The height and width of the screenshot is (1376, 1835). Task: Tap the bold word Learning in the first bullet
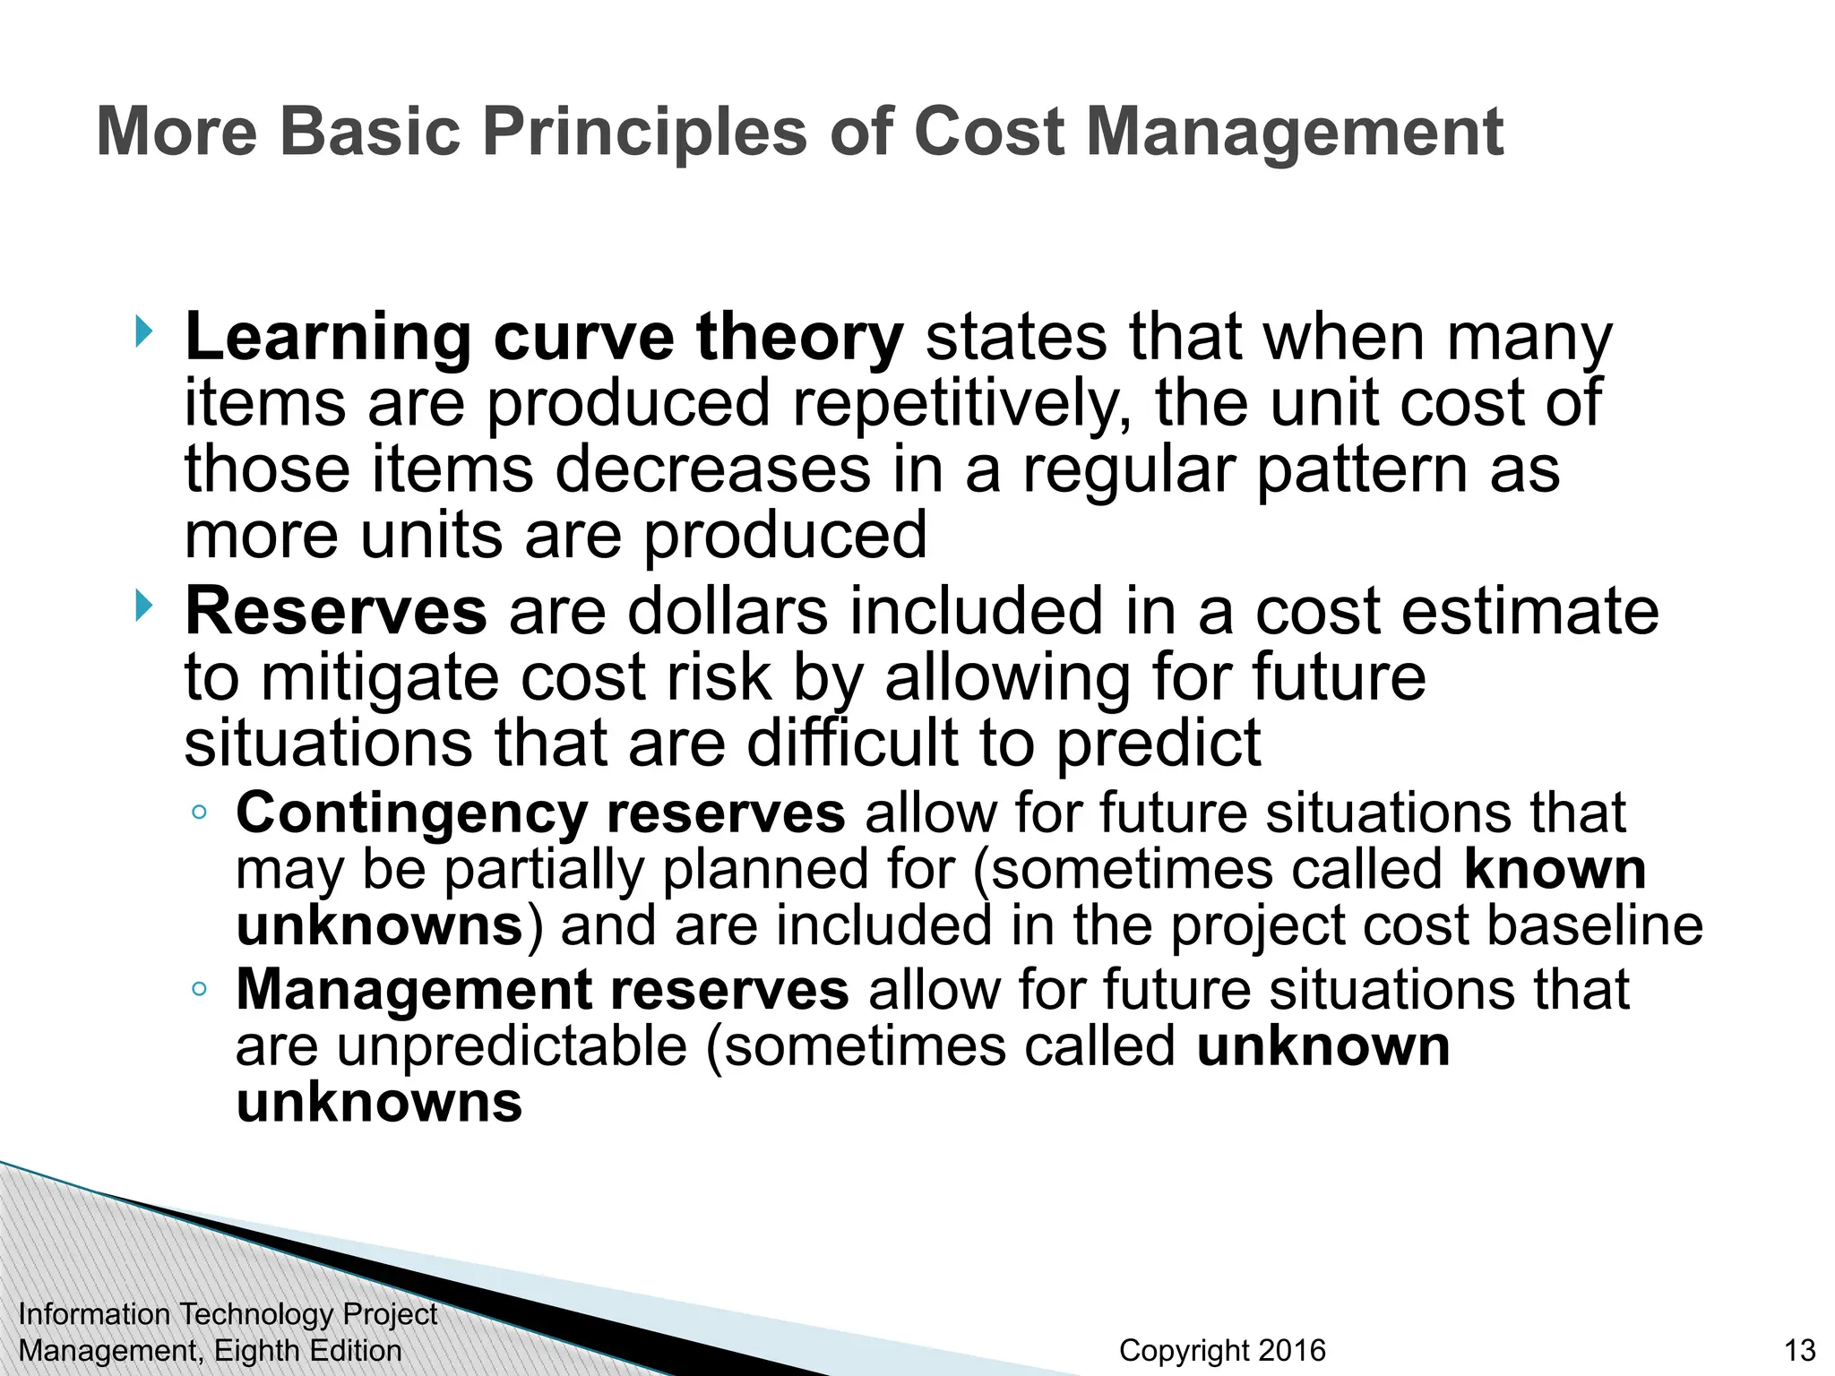pyautogui.click(x=327, y=339)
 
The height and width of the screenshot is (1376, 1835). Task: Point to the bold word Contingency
pyautogui.click(x=411, y=813)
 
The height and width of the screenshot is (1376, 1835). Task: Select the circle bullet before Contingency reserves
pyautogui.click(x=199, y=813)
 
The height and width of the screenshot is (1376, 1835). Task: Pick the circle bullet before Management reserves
pyautogui.click(x=199, y=989)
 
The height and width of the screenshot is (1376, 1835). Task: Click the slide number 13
pyautogui.click(x=1799, y=1350)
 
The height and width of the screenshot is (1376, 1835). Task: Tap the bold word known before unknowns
pyautogui.click(x=1555, y=869)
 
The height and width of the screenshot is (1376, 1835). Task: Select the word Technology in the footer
pyautogui.click(x=255, y=1314)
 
